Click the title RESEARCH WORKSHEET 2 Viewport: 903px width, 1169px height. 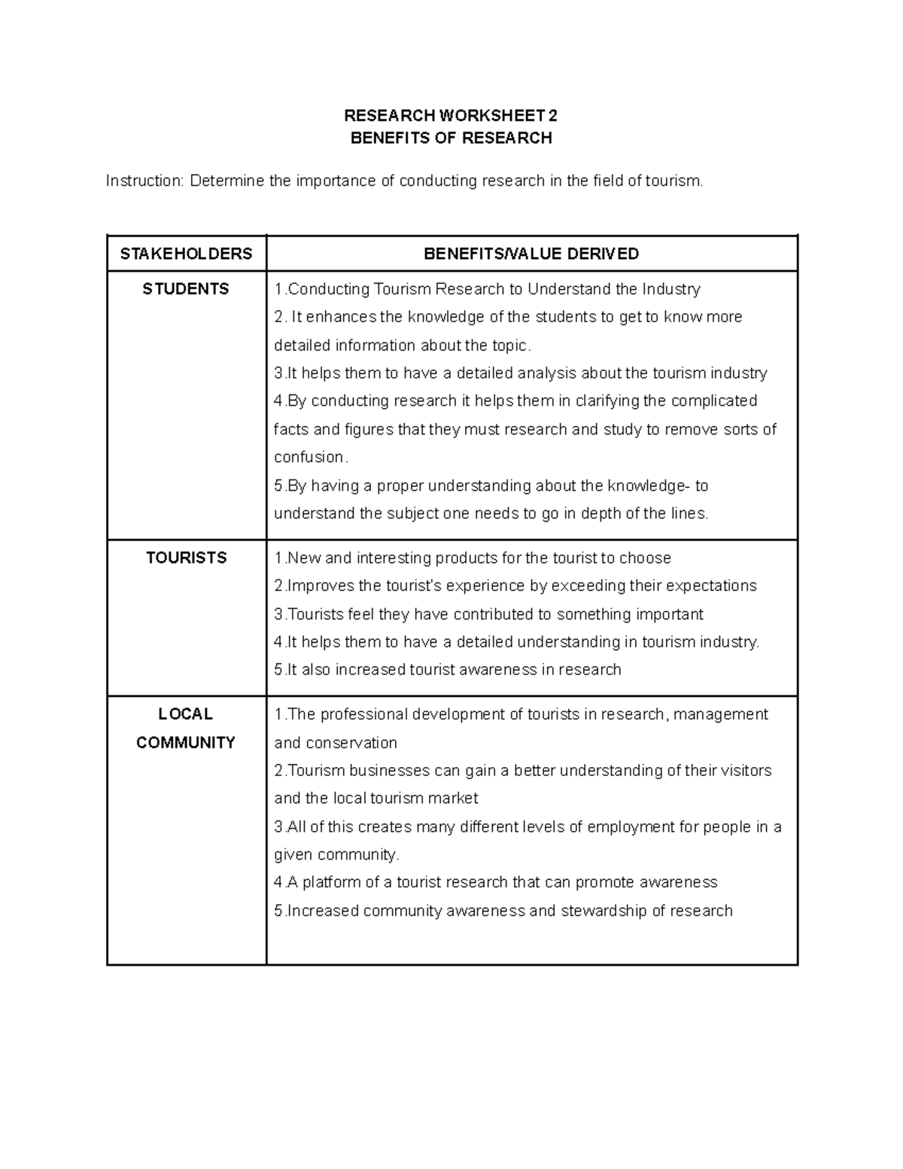[451, 116]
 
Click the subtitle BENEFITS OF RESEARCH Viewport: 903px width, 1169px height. [451, 138]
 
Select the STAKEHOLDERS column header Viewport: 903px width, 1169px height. [186, 254]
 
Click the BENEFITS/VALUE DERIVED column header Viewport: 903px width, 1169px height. [531, 254]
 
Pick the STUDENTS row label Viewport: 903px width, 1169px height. [186, 289]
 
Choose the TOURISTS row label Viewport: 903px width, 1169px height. [186, 558]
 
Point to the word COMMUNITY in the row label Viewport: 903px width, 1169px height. [186, 742]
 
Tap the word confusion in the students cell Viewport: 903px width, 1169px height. [309, 457]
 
